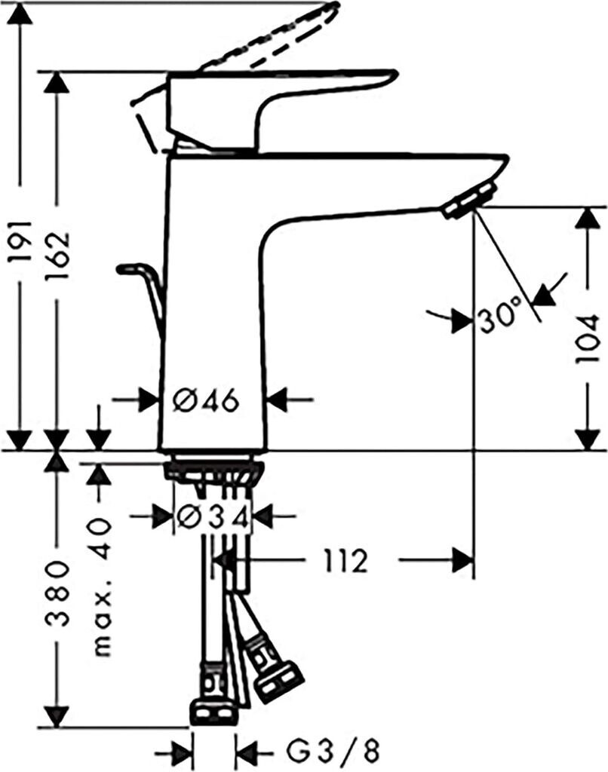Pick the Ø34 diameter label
point(213,516)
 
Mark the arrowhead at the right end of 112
point(464,560)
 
